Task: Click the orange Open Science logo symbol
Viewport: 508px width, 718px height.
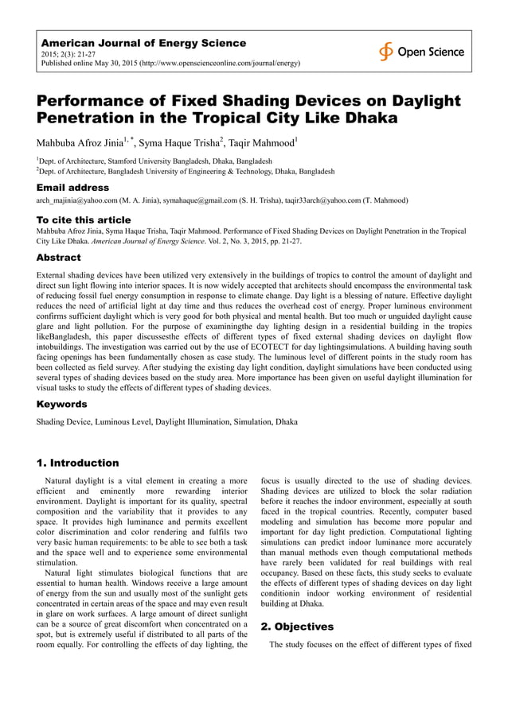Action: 386,52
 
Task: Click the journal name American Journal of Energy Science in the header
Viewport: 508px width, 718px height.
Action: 143,43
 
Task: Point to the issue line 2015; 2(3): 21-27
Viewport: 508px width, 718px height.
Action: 68,54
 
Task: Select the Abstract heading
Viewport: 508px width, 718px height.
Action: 59,258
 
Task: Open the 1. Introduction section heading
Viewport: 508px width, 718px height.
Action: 78,463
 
